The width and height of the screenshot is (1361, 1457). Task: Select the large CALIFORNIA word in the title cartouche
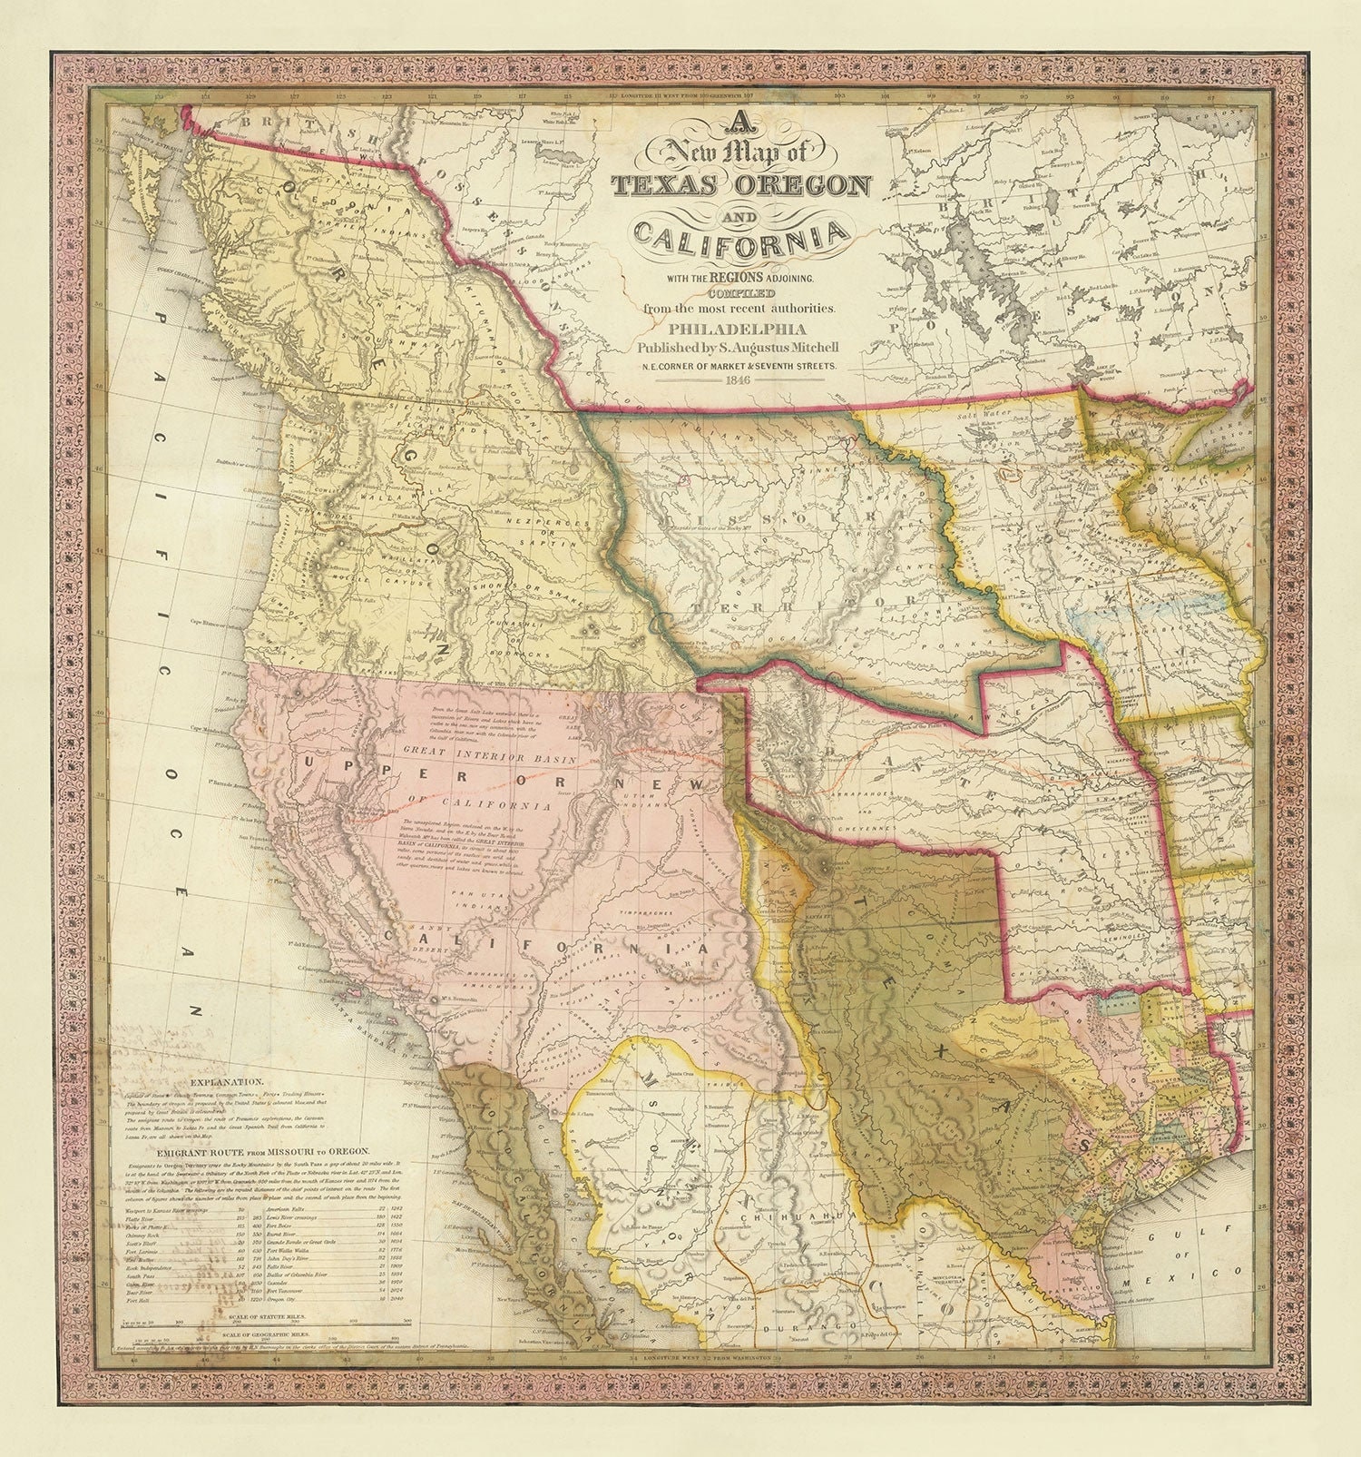click(741, 238)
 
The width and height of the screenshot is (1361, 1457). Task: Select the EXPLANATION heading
click(227, 1082)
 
